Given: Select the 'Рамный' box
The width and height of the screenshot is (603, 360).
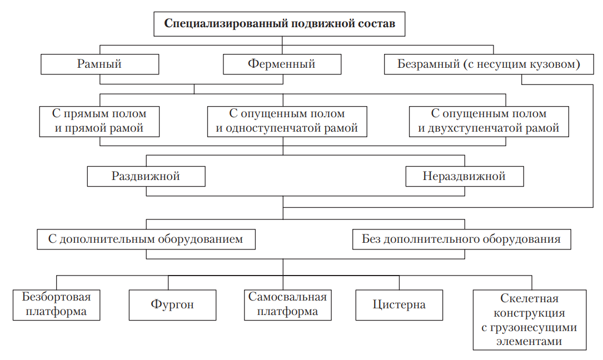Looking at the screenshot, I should click(x=99, y=64).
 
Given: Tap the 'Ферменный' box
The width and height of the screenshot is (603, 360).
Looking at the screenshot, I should click(x=282, y=64).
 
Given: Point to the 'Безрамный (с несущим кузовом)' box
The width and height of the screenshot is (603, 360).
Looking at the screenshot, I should click(x=489, y=64).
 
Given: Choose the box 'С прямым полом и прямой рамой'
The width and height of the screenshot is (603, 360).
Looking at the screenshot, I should click(x=99, y=121).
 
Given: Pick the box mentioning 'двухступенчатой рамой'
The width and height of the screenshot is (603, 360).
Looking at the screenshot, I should click(x=489, y=121).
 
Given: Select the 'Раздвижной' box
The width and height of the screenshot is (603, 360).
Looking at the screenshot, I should click(x=146, y=177).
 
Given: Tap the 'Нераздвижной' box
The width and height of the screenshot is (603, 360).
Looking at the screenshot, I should click(x=464, y=177).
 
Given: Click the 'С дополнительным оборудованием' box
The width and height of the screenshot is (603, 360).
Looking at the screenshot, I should click(x=146, y=239).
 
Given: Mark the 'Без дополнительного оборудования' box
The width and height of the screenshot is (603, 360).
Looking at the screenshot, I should click(x=461, y=239).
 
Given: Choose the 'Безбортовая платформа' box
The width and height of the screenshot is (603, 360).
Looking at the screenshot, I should click(x=56, y=304).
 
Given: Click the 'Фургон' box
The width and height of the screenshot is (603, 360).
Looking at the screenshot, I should click(x=172, y=304).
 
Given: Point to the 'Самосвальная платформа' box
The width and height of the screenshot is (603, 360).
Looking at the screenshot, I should click(x=287, y=304).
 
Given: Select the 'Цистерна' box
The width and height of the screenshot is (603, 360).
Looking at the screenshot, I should click(x=399, y=304).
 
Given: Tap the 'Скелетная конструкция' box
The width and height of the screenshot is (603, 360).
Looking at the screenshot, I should click(x=529, y=319).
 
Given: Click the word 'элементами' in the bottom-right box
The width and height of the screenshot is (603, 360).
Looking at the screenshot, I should click(x=529, y=342).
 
